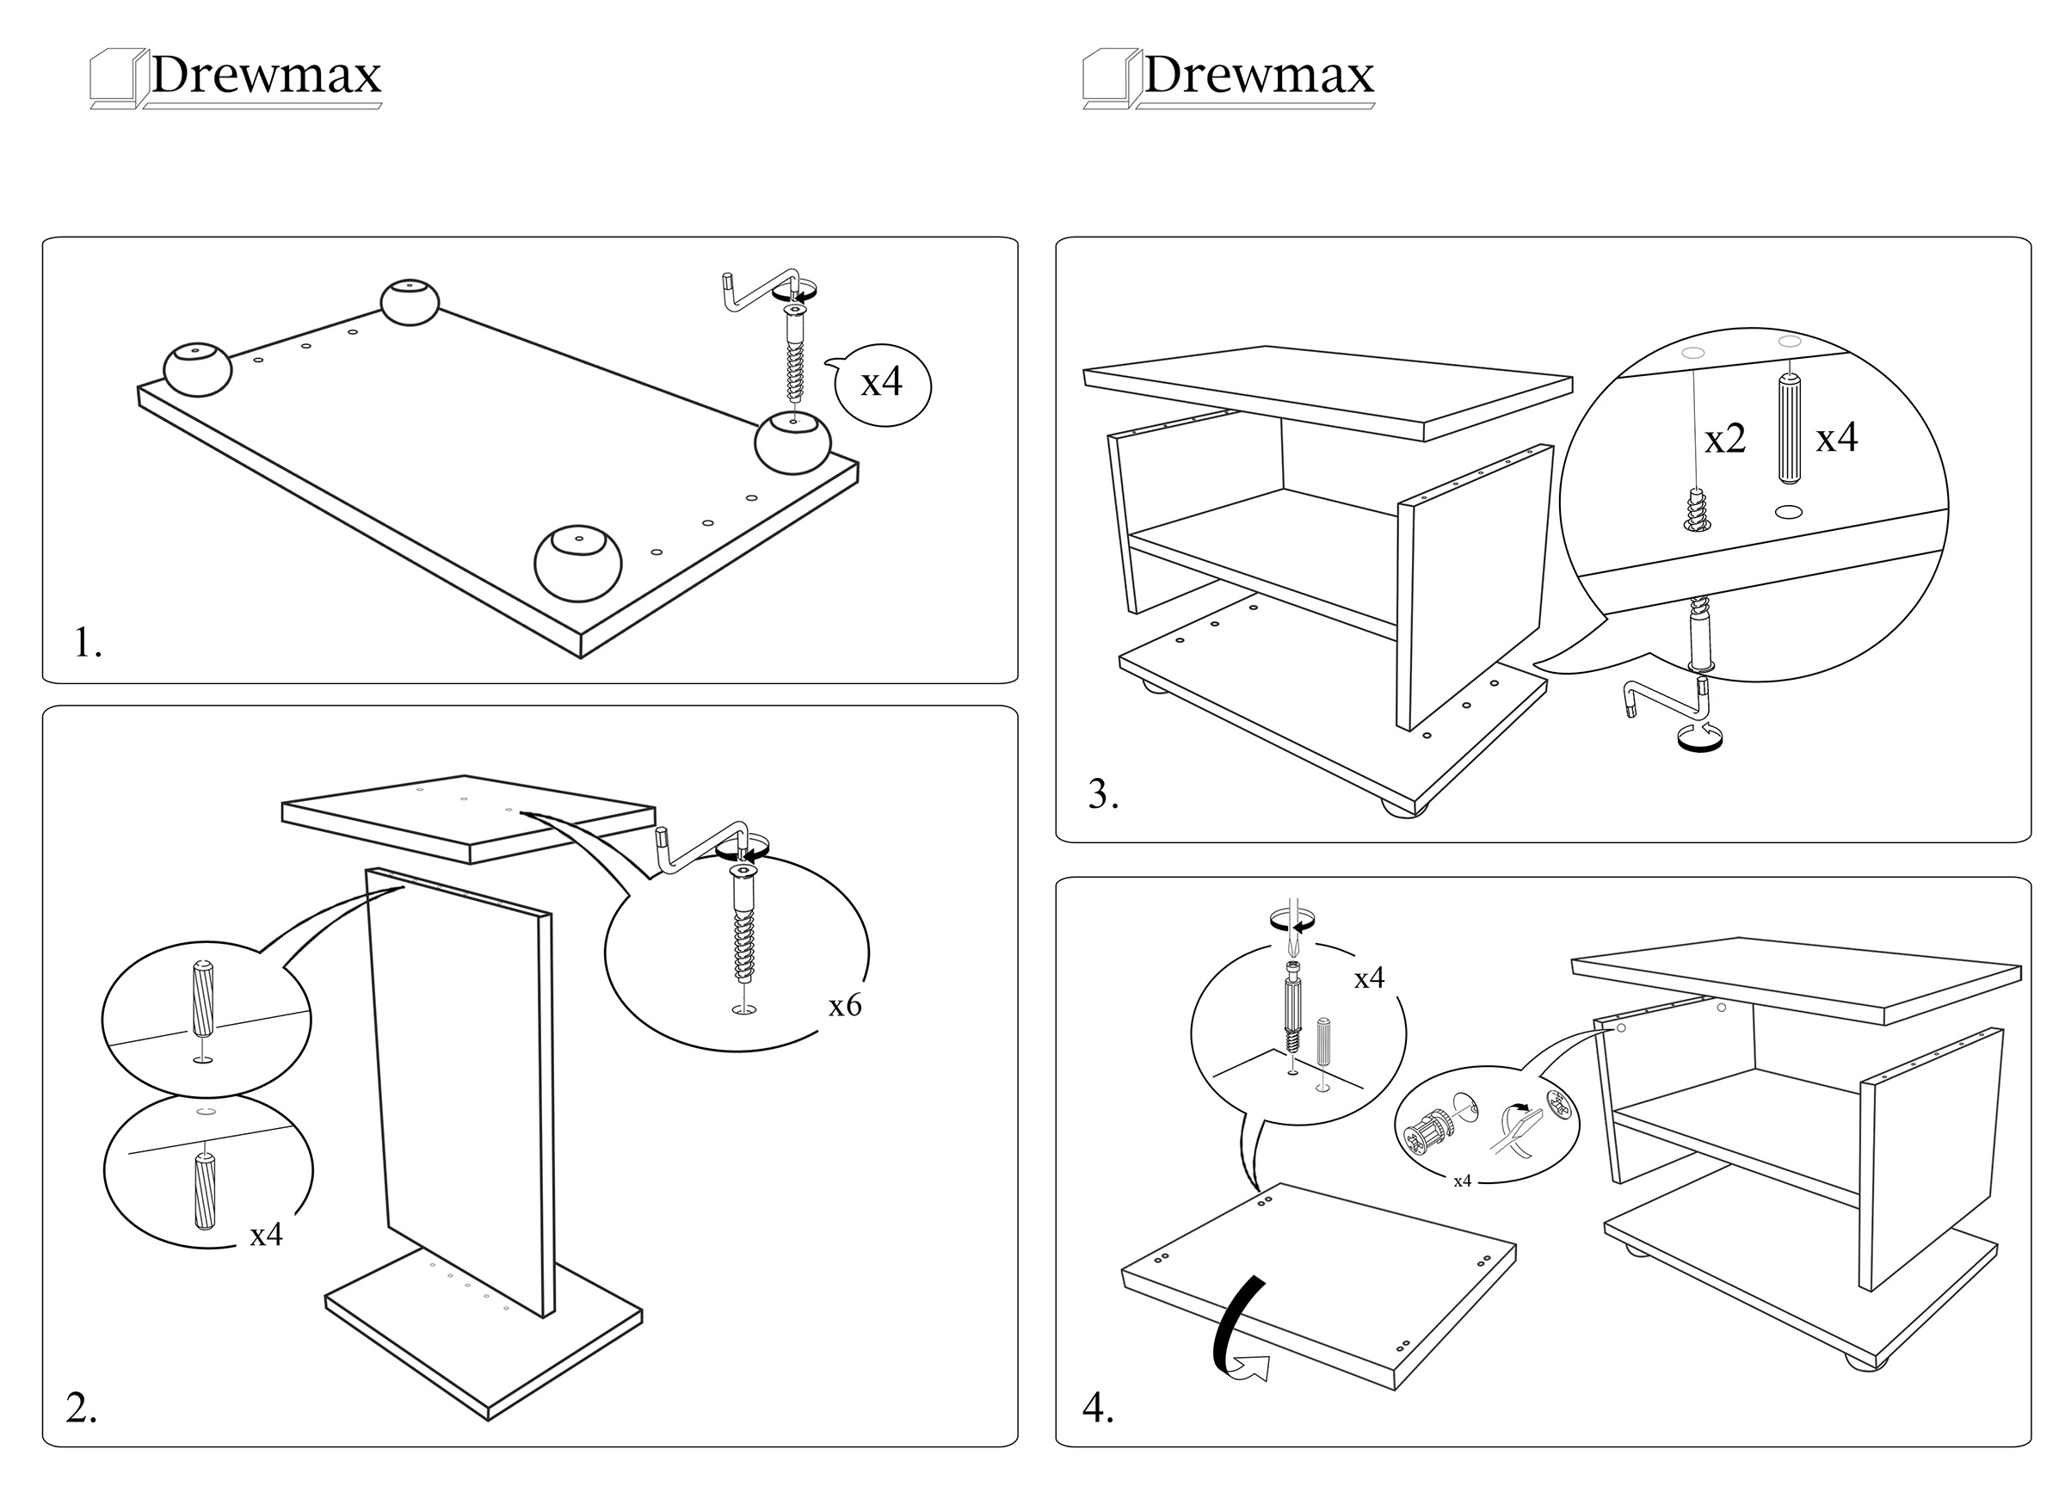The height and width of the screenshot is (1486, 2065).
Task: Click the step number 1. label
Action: pyautogui.click(x=88, y=643)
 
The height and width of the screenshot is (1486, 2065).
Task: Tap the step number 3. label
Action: pyautogui.click(x=1102, y=795)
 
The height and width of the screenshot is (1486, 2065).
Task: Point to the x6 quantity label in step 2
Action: pyautogui.click(x=844, y=1005)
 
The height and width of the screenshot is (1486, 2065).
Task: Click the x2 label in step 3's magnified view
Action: pyautogui.click(x=1724, y=440)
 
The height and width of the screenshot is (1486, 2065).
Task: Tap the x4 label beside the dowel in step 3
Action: pyautogui.click(x=1836, y=438)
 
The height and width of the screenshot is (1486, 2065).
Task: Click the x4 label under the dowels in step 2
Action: pyautogui.click(x=266, y=1235)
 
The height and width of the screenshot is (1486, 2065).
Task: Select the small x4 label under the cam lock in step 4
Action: pyautogui.click(x=1461, y=1181)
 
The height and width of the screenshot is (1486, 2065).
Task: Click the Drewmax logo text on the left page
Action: pyautogui.click(x=265, y=75)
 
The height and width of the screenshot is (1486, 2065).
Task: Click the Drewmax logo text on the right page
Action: pyautogui.click(x=1257, y=75)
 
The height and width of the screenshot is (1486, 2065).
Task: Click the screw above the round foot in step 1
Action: pyautogui.click(x=795, y=355)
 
